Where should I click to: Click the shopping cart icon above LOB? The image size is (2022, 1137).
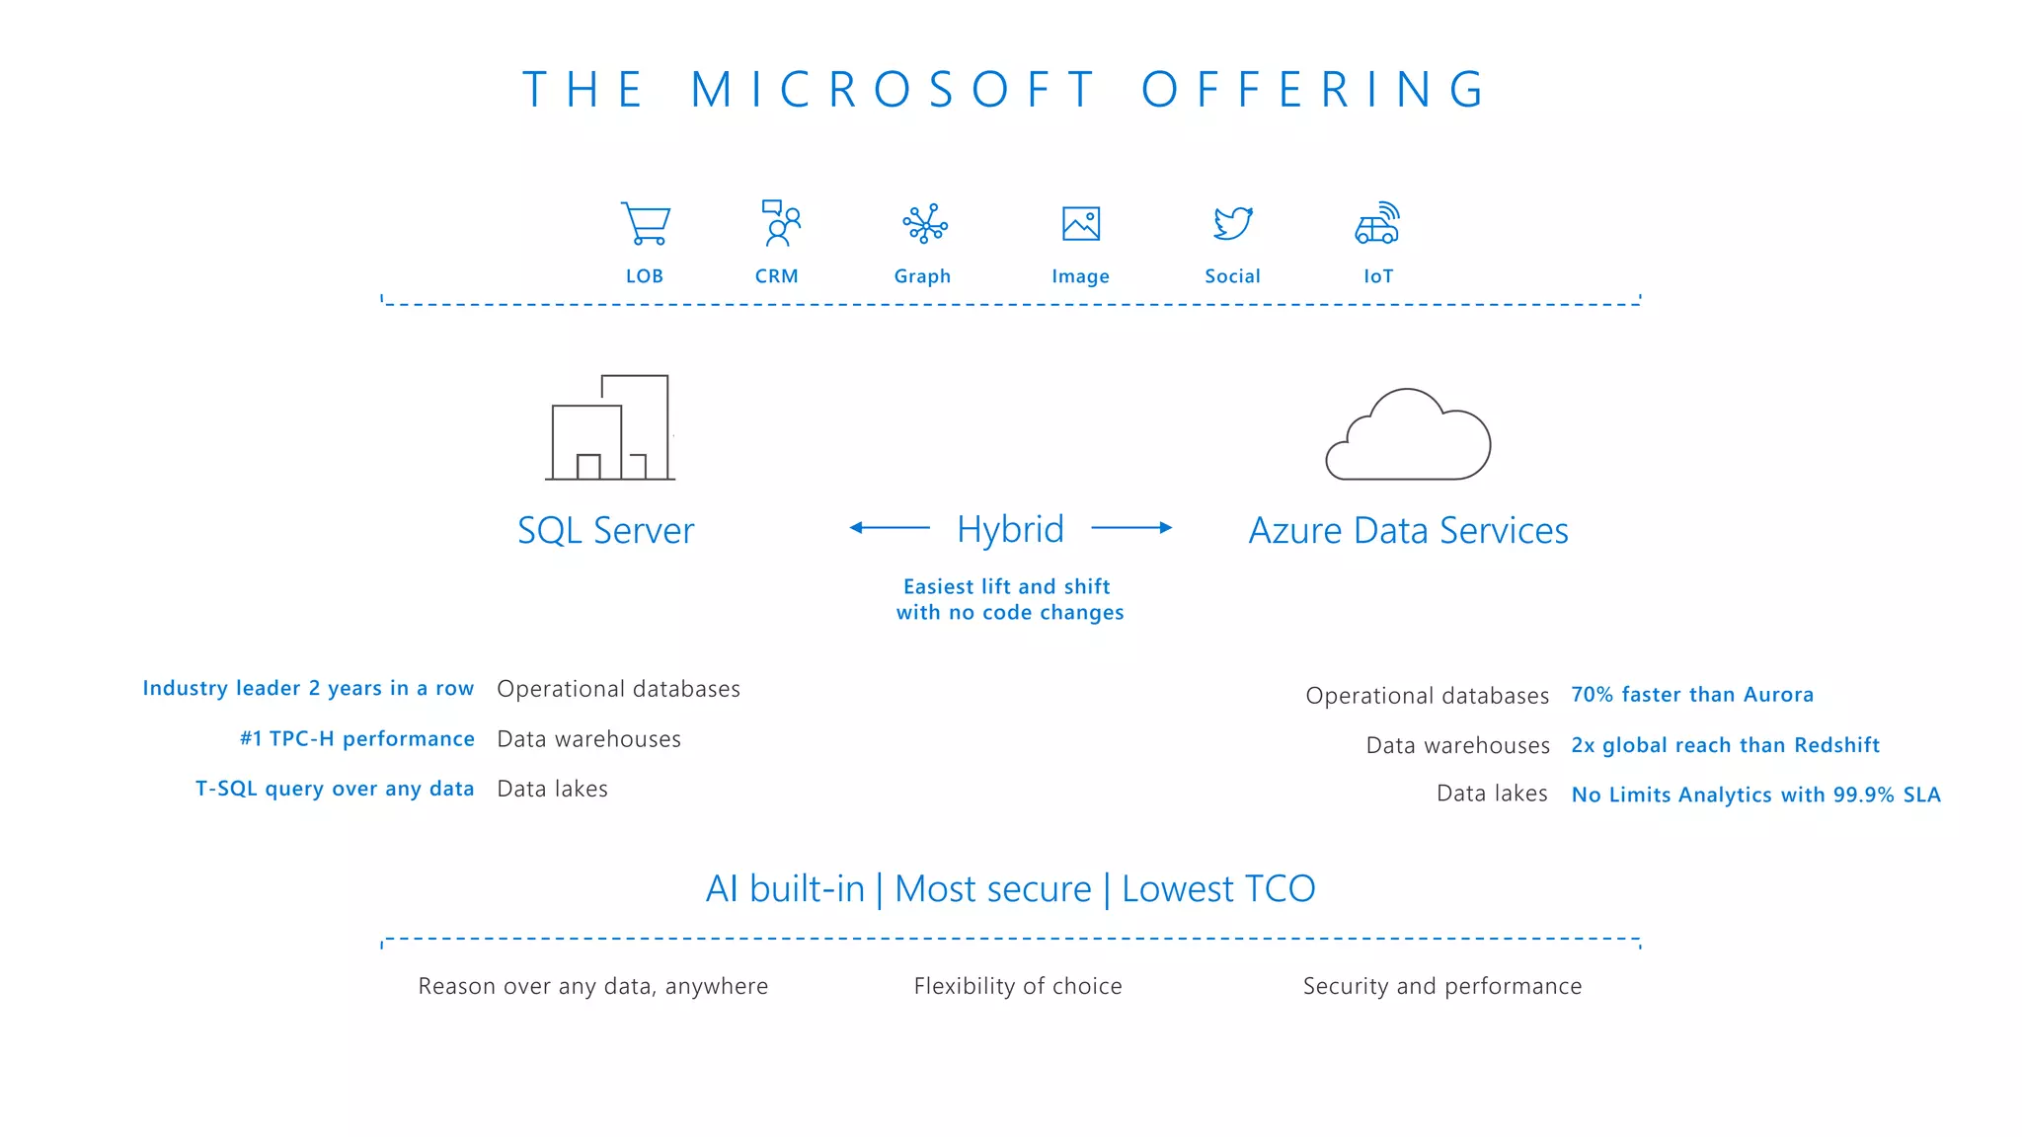(x=646, y=224)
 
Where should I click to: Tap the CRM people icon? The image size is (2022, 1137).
(x=780, y=223)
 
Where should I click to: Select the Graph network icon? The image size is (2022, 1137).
(x=924, y=224)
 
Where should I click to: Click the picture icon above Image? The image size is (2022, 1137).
(x=1081, y=224)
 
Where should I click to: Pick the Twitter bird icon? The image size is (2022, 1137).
(x=1233, y=223)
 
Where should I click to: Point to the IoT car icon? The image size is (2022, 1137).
(x=1377, y=224)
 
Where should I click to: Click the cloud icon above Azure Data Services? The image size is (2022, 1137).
(x=1408, y=435)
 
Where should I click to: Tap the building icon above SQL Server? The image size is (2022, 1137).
(x=610, y=427)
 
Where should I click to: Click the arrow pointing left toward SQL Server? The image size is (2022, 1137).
(x=889, y=528)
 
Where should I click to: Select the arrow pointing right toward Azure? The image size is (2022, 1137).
(x=1131, y=528)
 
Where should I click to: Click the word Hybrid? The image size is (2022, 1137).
(x=1010, y=530)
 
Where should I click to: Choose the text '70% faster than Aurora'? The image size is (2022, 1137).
(x=1691, y=695)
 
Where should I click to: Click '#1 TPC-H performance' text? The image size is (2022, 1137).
(x=356, y=739)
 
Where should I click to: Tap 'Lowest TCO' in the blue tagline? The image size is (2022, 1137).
(x=1218, y=889)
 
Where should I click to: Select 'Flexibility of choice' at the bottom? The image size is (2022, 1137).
(x=1017, y=986)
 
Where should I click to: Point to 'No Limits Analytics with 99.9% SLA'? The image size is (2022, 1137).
(x=1755, y=795)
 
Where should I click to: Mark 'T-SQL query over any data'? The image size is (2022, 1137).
(x=334, y=789)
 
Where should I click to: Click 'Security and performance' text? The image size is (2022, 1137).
(x=1441, y=986)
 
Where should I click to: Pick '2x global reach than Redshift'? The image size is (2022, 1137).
(x=1725, y=745)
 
